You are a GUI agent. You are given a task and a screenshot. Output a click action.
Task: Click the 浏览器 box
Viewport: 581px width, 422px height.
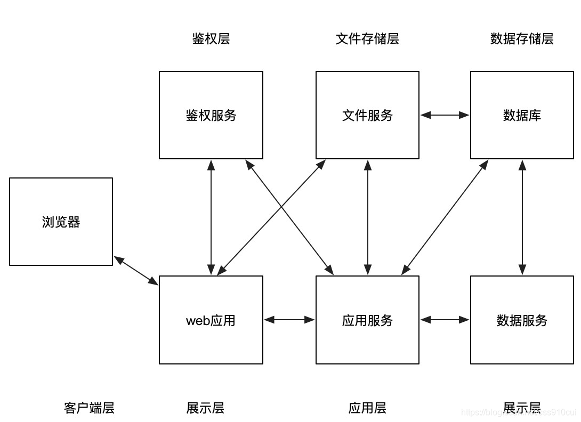click(61, 222)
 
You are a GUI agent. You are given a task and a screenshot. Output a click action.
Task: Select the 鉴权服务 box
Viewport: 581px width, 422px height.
click(211, 115)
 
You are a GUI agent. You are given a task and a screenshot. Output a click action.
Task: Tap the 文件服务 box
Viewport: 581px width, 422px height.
click(367, 115)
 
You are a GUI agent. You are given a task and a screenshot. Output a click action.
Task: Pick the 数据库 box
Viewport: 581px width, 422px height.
click(522, 115)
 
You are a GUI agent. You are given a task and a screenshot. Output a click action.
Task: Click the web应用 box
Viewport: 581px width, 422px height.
click(211, 320)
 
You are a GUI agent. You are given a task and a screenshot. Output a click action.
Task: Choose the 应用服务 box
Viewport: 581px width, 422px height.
click(367, 320)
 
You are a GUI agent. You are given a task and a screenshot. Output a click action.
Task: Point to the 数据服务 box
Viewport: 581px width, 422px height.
click(522, 320)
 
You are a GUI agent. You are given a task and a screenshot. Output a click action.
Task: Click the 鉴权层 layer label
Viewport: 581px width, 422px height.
click(211, 39)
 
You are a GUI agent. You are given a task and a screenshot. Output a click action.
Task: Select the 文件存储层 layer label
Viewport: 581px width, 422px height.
click(367, 39)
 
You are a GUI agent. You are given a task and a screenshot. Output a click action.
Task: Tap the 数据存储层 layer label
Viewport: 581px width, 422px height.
click(522, 39)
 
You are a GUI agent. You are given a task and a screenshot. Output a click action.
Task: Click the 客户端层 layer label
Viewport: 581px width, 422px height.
click(89, 408)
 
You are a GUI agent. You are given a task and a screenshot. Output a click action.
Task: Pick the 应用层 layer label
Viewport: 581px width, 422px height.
click(367, 408)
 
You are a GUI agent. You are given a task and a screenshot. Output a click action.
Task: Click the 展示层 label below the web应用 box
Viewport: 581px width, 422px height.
click(205, 408)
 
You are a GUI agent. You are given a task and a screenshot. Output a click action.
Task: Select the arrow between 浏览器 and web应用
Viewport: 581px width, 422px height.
click(136, 271)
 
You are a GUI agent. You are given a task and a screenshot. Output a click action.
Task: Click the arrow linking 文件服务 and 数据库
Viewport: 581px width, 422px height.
click(445, 115)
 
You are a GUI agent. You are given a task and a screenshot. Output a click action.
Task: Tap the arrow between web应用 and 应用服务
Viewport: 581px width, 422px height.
click(289, 320)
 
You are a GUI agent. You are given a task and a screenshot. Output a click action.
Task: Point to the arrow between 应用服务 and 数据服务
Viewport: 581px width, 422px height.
click(445, 320)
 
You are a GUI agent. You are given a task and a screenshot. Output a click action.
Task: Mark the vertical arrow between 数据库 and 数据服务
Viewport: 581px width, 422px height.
click(522, 217)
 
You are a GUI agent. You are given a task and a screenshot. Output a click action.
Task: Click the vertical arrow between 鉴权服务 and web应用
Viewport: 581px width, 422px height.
click(211, 217)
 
